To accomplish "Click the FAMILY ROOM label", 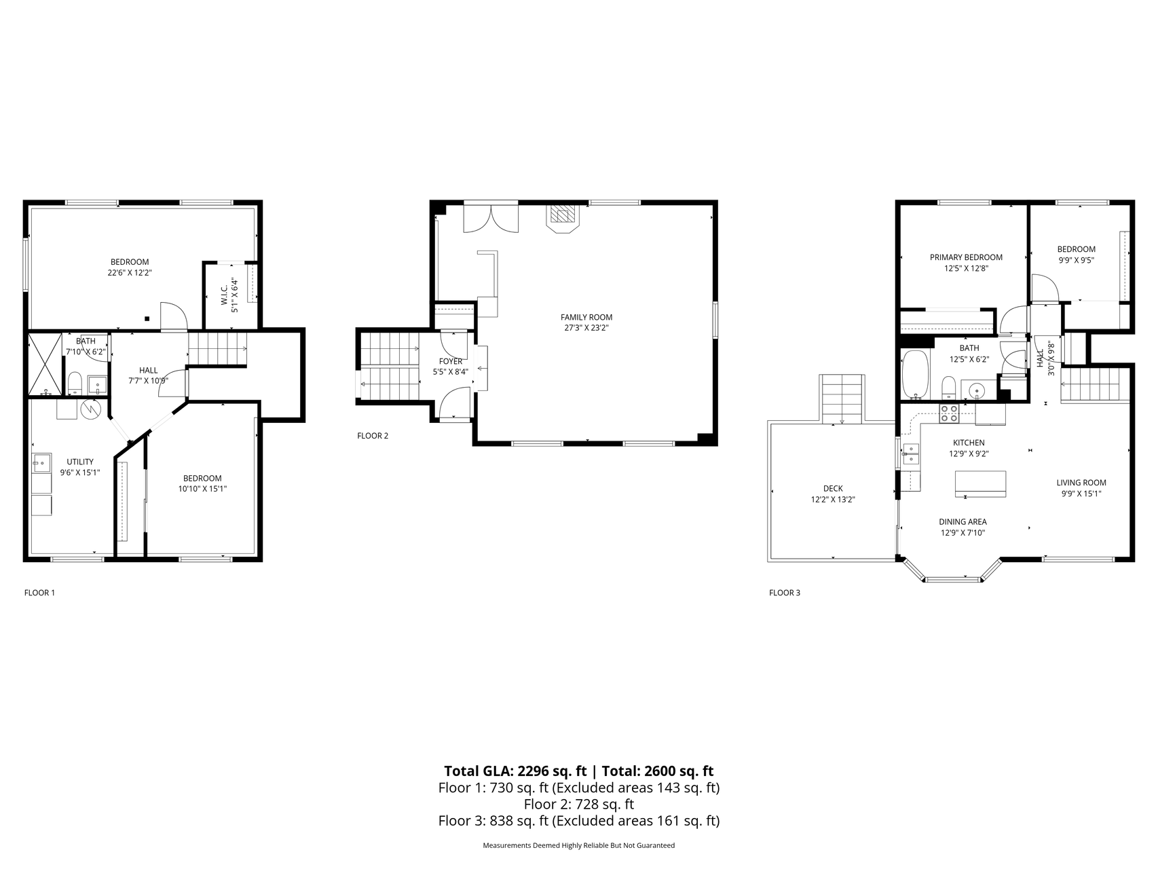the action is pyautogui.click(x=586, y=317).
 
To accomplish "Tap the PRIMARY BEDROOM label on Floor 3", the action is pyautogui.click(x=966, y=257).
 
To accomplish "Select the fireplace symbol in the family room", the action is pyautogui.click(x=562, y=217).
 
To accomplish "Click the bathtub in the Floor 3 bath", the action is pyautogui.click(x=914, y=375).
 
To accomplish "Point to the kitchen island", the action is pyautogui.click(x=980, y=483).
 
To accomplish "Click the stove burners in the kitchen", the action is pyautogui.click(x=948, y=413).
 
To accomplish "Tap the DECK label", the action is pyautogui.click(x=833, y=488).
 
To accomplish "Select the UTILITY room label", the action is pyautogui.click(x=80, y=462).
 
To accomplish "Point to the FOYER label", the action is pyautogui.click(x=451, y=361).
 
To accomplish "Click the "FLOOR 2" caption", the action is pyautogui.click(x=373, y=436).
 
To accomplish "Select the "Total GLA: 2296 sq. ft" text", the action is pyautogui.click(x=515, y=771).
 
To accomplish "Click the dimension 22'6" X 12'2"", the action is pyautogui.click(x=130, y=273).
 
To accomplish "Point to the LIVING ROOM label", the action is pyautogui.click(x=1081, y=483).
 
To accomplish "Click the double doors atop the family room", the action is pyautogui.click(x=491, y=217).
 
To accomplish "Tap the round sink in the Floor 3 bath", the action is pyautogui.click(x=977, y=390).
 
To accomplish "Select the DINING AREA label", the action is pyautogui.click(x=963, y=522).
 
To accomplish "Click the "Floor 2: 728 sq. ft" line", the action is pyautogui.click(x=579, y=805).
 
